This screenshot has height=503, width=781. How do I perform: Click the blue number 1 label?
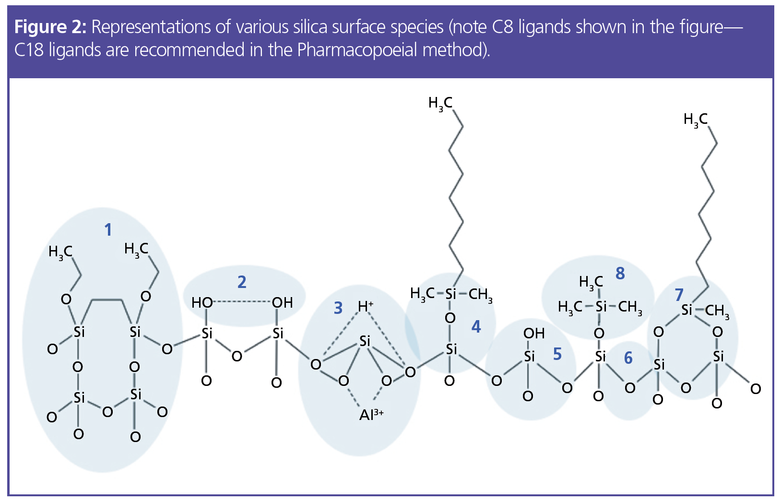(x=108, y=230)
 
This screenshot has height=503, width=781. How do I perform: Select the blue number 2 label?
(x=242, y=282)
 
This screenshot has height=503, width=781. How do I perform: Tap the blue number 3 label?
(x=338, y=308)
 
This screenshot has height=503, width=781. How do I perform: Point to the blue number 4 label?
(x=476, y=327)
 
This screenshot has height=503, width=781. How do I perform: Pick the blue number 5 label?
(x=557, y=354)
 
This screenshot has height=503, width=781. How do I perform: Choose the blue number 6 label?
(x=628, y=358)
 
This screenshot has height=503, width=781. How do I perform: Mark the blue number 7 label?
(x=679, y=295)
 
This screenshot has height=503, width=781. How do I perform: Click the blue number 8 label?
(x=620, y=274)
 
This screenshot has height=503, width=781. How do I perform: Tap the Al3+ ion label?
(x=371, y=414)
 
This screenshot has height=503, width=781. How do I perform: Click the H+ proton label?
(x=366, y=306)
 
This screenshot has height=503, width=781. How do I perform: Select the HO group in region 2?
(x=202, y=303)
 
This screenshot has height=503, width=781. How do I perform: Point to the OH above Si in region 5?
(x=534, y=334)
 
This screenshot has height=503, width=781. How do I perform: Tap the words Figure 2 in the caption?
(x=50, y=27)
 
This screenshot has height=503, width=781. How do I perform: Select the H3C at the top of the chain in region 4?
(x=440, y=103)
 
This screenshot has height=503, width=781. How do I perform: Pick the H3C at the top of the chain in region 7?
(x=696, y=120)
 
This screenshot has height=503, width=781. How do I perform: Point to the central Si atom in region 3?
(x=365, y=341)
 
